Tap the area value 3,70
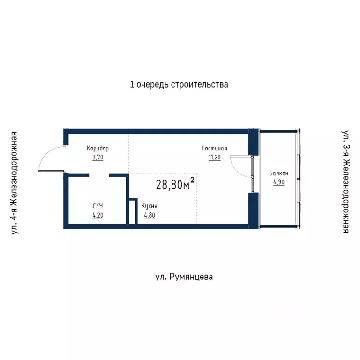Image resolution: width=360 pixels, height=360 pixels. [x=97, y=157]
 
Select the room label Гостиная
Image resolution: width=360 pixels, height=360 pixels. [x=215, y=149]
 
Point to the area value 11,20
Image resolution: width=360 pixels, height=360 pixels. [x=215, y=157]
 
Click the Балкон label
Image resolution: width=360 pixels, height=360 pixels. [x=278, y=173]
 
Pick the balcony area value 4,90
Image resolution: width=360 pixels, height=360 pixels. [x=278, y=182]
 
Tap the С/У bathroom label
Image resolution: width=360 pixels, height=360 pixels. [x=97, y=206]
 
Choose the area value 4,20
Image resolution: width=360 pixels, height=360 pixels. [x=97, y=216]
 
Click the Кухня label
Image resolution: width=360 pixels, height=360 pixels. [x=149, y=206]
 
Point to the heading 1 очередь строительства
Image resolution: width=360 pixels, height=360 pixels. [x=179, y=85]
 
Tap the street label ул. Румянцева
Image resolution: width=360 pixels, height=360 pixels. [x=184, y=277]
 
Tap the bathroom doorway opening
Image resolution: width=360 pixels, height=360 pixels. [x=99, y=175]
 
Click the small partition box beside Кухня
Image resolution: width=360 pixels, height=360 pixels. [x=132, y=211]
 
